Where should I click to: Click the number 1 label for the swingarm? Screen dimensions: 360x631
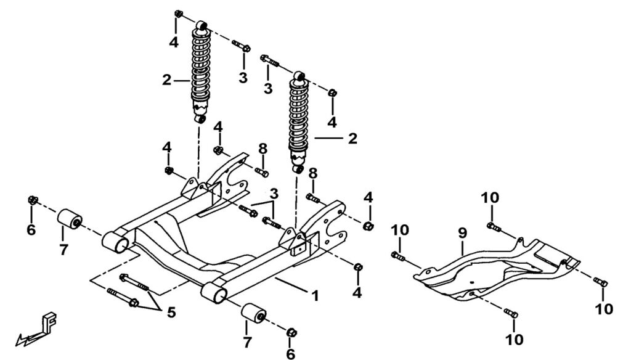click(x=314, y=296)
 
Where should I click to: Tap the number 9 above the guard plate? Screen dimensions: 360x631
click(x=462, y=233)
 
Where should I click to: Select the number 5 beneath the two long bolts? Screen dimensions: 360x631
click(x=171, y=313)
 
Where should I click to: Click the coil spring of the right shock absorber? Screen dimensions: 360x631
click(x=299, y=117)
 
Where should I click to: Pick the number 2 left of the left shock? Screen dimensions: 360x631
click(x=166, y=80)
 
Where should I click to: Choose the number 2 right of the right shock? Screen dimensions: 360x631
click(x=352, y=139)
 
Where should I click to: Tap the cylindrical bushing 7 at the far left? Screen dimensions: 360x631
click(x=70, y=219)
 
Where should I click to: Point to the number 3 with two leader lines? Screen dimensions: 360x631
click(x=273, y=193)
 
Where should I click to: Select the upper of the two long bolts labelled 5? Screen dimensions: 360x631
click(x=134, y=282)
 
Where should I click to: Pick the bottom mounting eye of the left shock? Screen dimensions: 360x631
click(x=200, y=118)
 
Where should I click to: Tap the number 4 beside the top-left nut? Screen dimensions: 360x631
click(x=174, y=42)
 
